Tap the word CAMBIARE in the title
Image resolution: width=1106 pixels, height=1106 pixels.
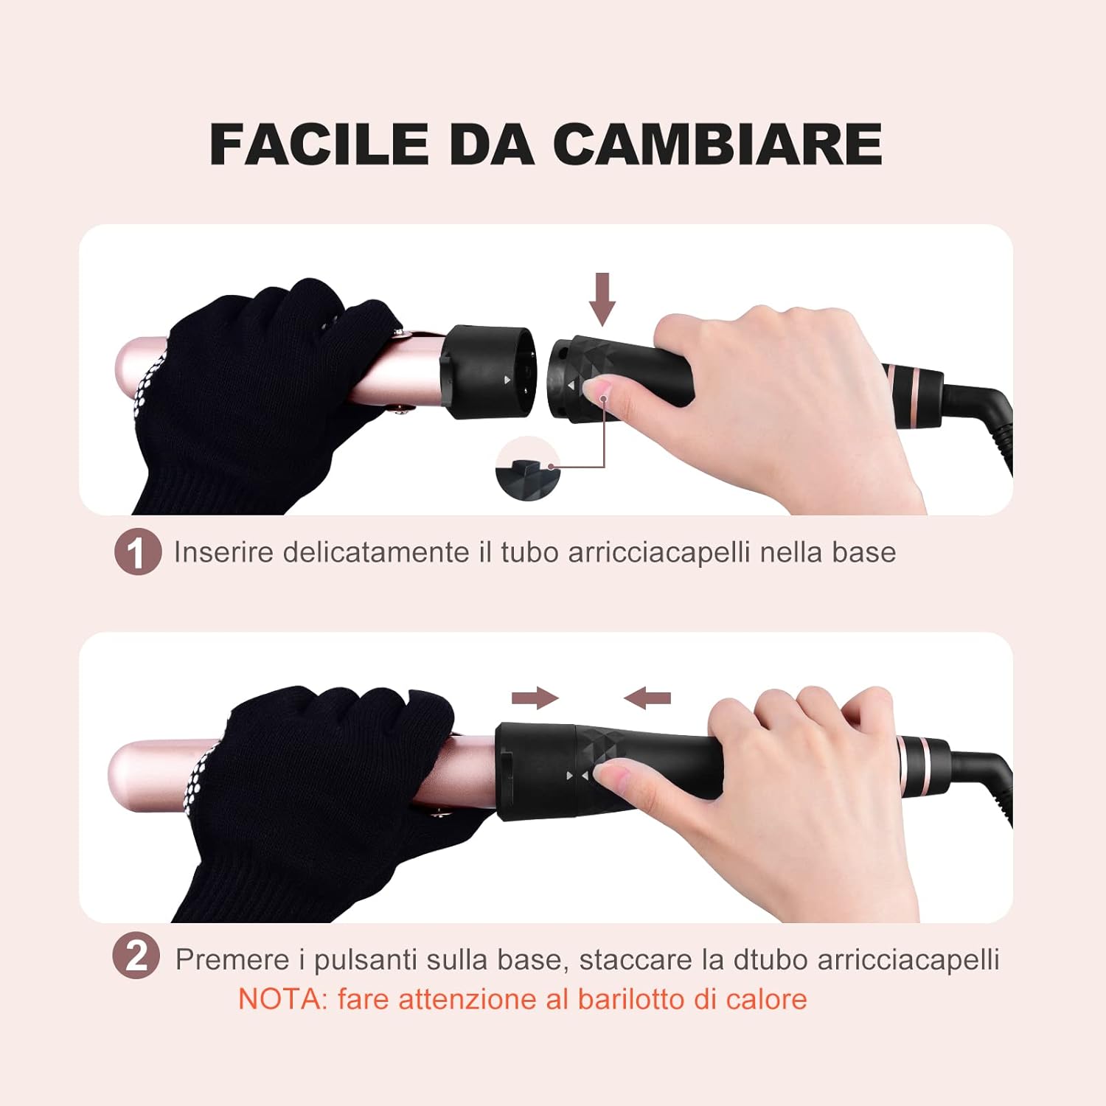[717, 144]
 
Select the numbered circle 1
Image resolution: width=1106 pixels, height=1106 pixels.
[138, 552]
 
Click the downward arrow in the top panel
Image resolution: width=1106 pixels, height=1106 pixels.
[603, 299]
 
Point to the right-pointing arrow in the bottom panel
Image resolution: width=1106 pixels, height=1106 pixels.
[535, 698]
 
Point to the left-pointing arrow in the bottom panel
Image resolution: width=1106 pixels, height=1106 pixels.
[647, 698]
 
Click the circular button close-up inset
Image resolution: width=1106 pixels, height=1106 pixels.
[528, 469]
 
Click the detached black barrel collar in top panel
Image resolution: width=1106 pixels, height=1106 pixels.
[487, 372]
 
